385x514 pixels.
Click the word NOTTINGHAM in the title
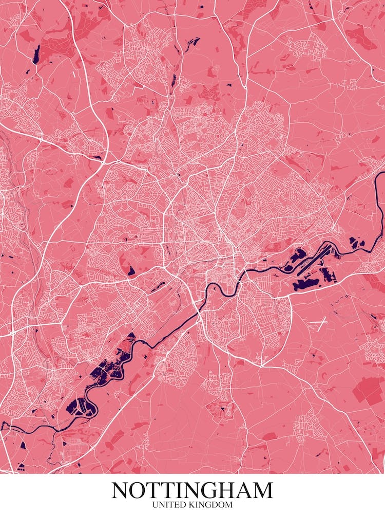pos(192,490)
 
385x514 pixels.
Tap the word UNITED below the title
pos(168,505)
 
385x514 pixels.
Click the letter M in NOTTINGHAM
pos(262,490)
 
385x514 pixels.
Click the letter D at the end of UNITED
pos(180,505)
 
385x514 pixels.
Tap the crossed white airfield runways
pos(318,324)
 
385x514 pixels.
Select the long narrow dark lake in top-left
pos(36,54)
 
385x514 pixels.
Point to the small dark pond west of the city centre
pos(131,270)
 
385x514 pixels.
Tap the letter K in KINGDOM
pos(188,505)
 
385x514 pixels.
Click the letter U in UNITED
pos(156,505)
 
